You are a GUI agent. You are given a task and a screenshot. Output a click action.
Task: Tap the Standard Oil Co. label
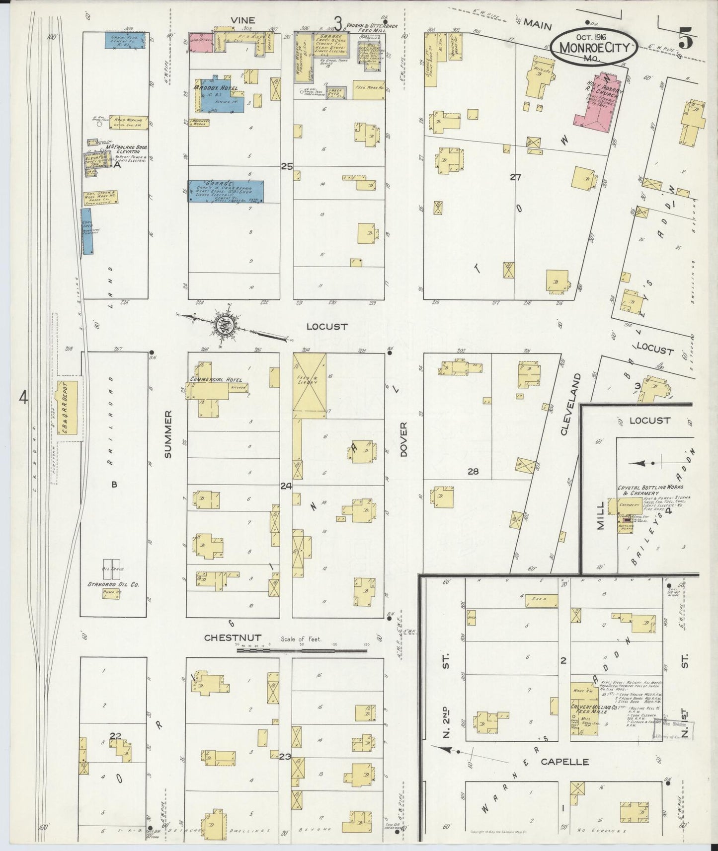click(113, 584)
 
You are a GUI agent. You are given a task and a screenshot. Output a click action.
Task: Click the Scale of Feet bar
click(304, 649)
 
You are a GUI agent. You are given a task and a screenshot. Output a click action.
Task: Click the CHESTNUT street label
click(233, 638)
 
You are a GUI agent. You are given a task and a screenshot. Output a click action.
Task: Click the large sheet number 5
click(685, 38)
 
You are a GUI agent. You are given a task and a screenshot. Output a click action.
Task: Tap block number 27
click(515, 176)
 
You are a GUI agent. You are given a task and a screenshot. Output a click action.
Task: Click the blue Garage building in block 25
click(226, 191)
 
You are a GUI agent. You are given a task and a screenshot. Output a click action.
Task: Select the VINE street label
click(242, 20)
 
